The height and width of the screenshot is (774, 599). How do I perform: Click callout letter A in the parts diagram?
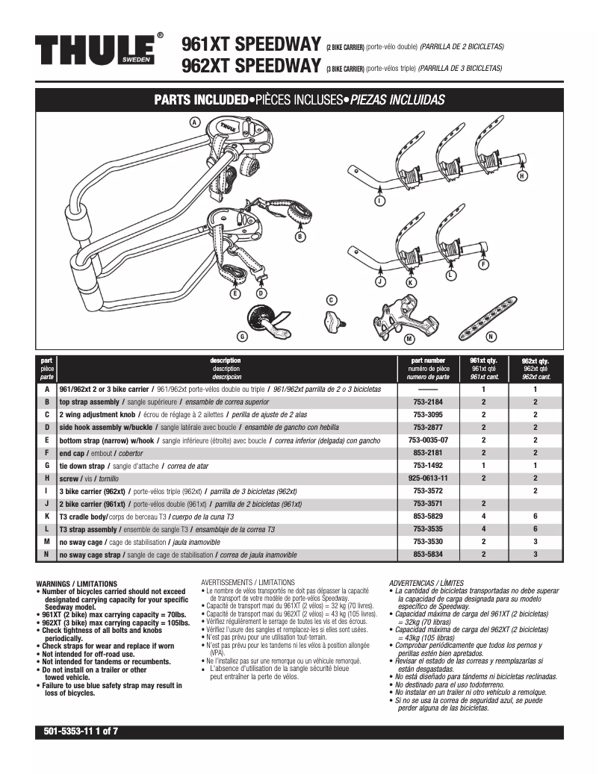pos(195,122)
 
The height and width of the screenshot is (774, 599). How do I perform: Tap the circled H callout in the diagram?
pos(522,175)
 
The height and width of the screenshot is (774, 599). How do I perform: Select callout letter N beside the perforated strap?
pos(491,337)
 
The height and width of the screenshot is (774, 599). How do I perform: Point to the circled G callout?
pos(242,335)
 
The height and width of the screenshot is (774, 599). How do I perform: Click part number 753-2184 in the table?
pos(429,402)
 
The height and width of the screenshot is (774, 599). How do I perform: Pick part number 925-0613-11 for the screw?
pos(429,478)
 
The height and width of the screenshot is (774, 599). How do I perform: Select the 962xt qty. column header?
pos(535,368)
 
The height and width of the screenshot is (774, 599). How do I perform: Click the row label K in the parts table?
pos(47,516)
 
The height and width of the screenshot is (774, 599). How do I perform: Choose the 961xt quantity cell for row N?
pos(483,555)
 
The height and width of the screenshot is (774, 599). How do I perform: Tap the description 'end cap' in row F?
pos(76,452)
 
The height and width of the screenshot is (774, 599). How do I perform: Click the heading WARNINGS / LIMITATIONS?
pos(76,583)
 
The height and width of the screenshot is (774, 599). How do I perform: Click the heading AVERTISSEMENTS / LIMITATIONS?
pos(248,581)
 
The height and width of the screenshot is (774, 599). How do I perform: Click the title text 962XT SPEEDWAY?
pos(251,66)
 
